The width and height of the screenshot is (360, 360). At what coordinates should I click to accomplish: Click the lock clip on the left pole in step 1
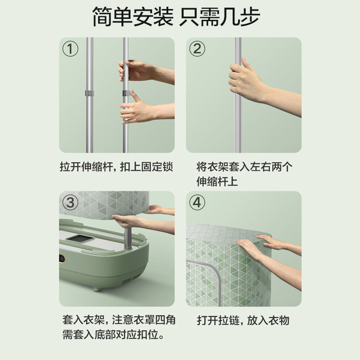click(x=89, y=94)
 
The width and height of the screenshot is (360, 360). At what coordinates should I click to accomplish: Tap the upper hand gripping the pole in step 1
click(x=135, y=71)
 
